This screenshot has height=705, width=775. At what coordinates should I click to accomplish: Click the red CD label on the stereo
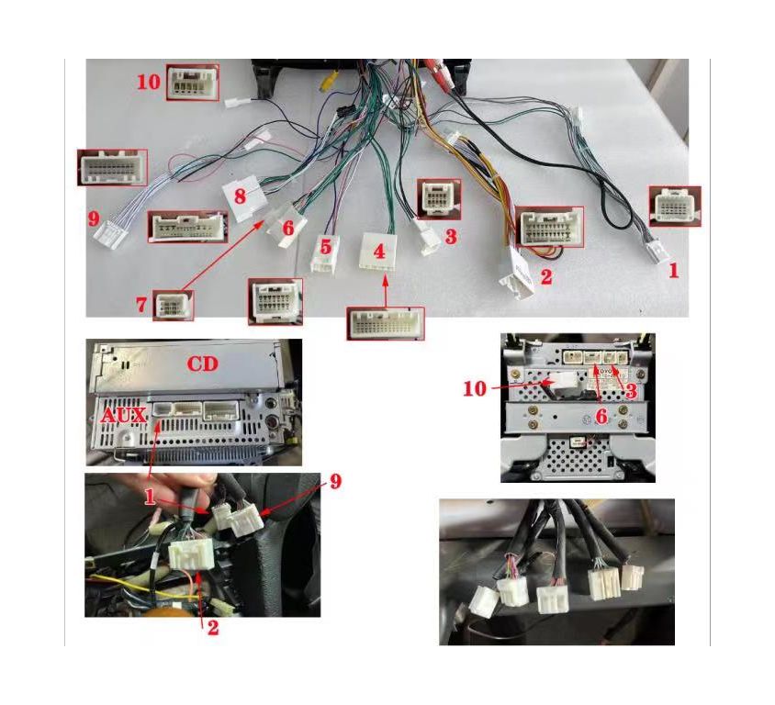pos(202,364)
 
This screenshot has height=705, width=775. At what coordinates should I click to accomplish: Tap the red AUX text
pos(124,416)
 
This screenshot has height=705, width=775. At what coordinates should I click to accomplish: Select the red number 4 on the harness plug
pos(379,251)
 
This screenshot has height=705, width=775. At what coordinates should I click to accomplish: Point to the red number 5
pos(325,247)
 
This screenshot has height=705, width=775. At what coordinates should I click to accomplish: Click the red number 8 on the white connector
pos(240,196)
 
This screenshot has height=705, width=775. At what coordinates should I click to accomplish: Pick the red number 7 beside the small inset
pos(141,305)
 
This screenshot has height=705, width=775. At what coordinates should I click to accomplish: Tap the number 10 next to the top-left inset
pos(149,82)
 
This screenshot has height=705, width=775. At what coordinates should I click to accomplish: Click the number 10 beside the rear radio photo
pos(475,389)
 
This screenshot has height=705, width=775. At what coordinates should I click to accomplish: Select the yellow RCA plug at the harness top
pos(328,80)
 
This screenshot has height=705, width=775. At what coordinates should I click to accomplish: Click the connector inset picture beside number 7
pos(173,306)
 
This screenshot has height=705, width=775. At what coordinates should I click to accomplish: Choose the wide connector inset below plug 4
pos(386,324)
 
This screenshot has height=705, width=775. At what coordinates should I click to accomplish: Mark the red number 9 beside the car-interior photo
pos(335,481)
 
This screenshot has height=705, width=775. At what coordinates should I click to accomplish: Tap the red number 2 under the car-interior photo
pos(212,628)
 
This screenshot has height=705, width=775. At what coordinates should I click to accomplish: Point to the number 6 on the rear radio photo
pos(601,417)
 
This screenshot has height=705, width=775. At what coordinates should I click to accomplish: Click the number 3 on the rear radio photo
pos(631,391)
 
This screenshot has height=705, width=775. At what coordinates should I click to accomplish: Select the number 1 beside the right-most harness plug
pos(673,271)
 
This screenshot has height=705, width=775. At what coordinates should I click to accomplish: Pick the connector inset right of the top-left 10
pos(193,83)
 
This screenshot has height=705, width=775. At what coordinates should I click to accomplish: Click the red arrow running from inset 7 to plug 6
pos(221,256)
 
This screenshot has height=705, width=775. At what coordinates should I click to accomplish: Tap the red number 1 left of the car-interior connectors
pos(150,497)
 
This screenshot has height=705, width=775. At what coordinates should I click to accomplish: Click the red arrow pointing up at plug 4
pos(386,293)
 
